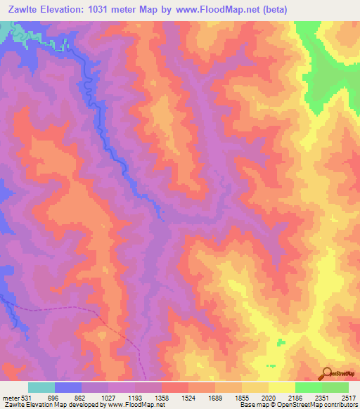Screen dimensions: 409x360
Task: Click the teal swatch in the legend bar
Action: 41,387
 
